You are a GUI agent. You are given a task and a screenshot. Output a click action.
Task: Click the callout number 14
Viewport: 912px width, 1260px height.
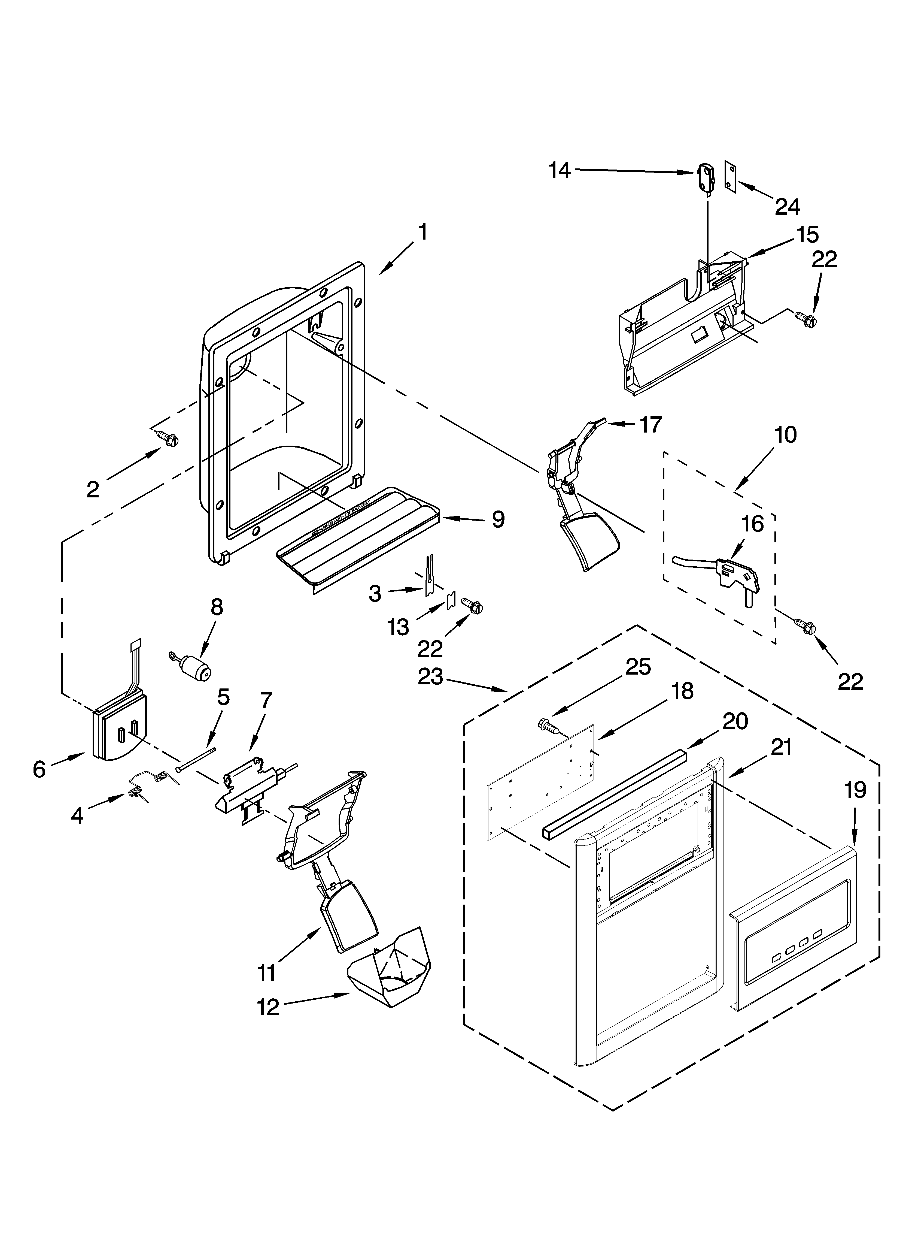coord(560,171)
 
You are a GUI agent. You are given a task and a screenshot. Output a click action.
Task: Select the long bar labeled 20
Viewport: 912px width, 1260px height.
coord(614,792)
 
